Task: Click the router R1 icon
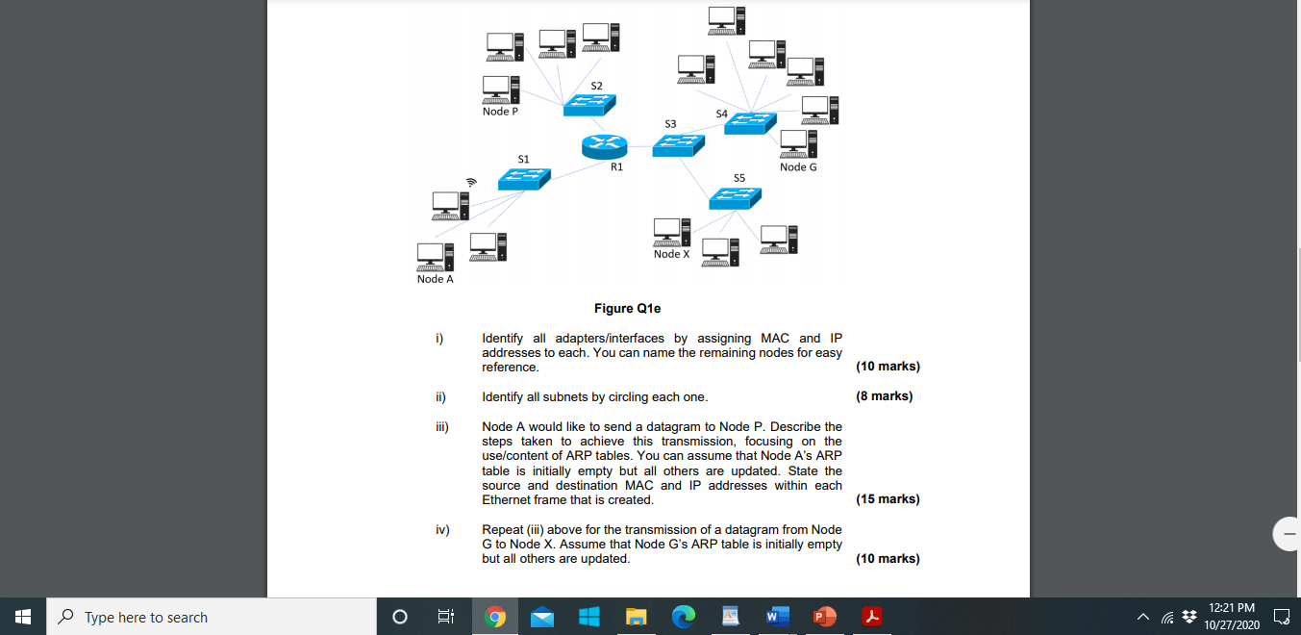click(604, 145)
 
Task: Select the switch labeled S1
click(524, 178)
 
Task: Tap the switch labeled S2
click(589, 105)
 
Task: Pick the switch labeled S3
click(678, 145)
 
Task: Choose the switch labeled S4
click(750, 122)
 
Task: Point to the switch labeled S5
click(735, 197)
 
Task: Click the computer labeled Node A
click(436, 255)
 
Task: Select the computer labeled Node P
click(501, 89)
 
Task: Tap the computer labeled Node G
click(799, 144)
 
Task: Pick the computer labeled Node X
click(672, 232)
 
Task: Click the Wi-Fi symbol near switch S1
click(471, 181)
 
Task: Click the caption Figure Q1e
click(627, 309)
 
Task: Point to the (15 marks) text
click(887, 499)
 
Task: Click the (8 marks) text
click(884, 396)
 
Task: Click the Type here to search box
click(212, 617)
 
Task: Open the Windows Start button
click(23, 617)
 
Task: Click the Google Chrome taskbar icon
click(495, 617)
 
